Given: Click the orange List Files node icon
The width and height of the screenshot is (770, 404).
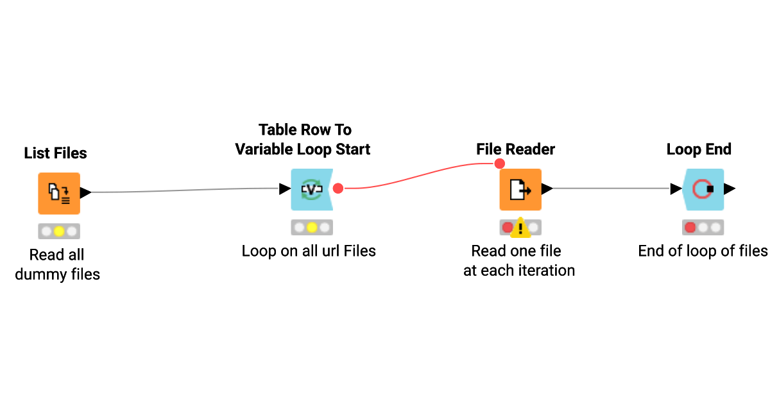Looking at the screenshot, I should pos(59,193).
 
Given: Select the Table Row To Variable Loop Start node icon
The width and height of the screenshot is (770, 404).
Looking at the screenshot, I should pos(311,190).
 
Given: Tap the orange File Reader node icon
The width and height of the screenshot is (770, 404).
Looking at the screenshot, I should pos(520,190).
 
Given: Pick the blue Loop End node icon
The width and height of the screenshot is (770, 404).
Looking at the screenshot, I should pos(703,190).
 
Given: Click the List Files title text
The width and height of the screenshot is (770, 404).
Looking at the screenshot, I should pos(56,153).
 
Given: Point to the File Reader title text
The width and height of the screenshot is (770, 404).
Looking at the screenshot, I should pos(515,149).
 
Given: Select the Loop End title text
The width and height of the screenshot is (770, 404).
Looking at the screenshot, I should pos(699,149).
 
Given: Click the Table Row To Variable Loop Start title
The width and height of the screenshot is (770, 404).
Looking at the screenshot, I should pos(303,140).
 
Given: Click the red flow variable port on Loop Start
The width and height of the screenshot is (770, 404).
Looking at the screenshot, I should pos(338,189).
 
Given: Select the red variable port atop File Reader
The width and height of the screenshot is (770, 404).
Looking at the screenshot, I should pos(500,164).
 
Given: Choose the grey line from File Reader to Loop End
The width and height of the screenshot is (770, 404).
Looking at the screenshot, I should pos(610,189).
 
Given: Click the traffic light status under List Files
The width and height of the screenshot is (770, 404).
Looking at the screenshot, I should pos(59,231).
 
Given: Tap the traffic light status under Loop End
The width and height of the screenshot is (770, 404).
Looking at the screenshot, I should pos(703,227).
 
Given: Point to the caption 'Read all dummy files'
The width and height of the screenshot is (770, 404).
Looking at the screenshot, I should pos(57,264).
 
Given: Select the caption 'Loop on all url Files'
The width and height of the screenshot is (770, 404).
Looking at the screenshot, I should pos(309,251).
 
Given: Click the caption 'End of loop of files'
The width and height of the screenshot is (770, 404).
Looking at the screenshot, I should pos(703,251).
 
